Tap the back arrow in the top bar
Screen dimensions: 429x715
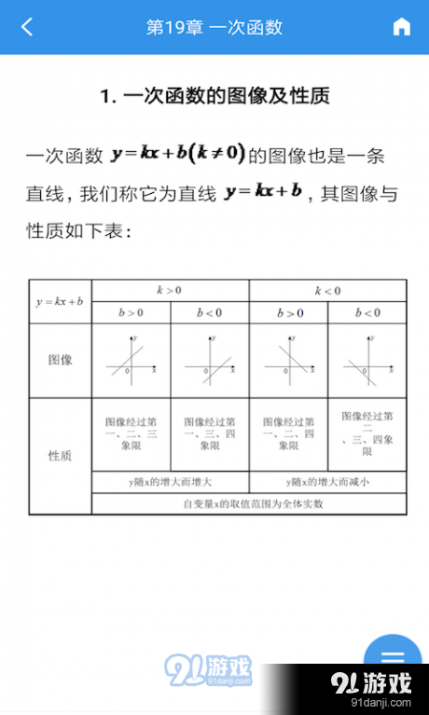(27, 27)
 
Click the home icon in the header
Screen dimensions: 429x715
(402, 27)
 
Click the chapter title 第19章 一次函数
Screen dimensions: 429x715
(214, 27)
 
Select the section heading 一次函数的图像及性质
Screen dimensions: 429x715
(214, 95)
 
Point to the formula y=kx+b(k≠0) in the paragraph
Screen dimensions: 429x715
(178, 153)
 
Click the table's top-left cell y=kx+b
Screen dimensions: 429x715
(60, 301)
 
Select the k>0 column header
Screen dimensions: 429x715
(170, 290)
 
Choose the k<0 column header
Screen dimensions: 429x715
(327, 290)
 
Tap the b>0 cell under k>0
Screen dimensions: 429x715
(131, 312)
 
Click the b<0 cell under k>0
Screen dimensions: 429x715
(210, 312)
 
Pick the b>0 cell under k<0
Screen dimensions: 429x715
(288, 312)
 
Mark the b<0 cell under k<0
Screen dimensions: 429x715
(367, 312)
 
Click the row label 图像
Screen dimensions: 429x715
(60, 360)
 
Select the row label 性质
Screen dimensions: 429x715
(60, 456)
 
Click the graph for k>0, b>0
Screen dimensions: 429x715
(131, 360)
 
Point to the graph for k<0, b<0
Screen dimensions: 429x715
(367, 360)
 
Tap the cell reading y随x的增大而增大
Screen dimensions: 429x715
(170, 482)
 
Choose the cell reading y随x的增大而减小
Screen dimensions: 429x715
(327, 482)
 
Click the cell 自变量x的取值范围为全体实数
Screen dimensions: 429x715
(249, 503)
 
